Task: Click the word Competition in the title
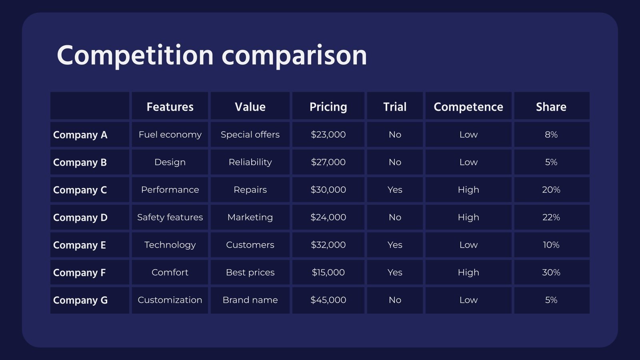pyautogui.click(x=135, y=56)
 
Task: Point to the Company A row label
pyautogui.click(x=80, y=135)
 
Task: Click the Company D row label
pyautogui.click(x=80, y=218)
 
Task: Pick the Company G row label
pyautogui.click(x=80, y=300)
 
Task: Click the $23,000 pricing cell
pyautogui.click(x=328, y=134)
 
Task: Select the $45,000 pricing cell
pyautogui.click(x=328, y=300)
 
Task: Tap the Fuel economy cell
pyautogui.click(x=170, y=134)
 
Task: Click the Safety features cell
pyautogui.click(x=170, y=218)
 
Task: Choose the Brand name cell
pyautogui.click(x=250, y=300)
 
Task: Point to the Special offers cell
pyautogui.click(x=250, y=134)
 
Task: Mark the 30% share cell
pyautogui.click(x=551, y=272)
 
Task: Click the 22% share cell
pyautogui.click(x=551, y=218)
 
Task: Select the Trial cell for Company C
pyautogui.click(x=395, y=190)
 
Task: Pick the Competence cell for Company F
pyautogui.click(x=468, y=272)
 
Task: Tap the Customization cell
pyautogui.click(x=170, y=300)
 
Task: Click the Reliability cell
pyautogui.click(x=250, y=162)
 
